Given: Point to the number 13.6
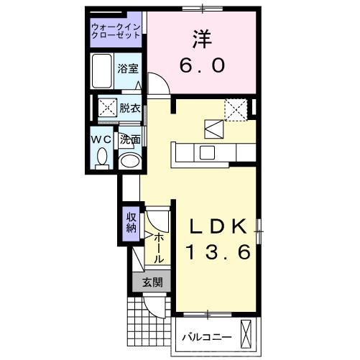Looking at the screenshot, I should coord(218,253).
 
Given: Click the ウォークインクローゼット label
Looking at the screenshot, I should coord(117,32).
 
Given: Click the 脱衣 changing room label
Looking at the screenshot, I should coord(130,109).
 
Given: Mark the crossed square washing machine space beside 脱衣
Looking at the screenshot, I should coord(108,109).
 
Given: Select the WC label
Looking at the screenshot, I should coord(101,139).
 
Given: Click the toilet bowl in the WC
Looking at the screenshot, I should coord(101,157).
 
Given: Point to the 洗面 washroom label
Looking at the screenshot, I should coord(129,139).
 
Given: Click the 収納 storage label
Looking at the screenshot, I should coord(131,223).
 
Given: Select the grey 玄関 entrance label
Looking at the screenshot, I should coord(152,282).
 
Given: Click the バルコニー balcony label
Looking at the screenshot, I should coord(206,336).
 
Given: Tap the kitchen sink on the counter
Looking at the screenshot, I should coord(207,152).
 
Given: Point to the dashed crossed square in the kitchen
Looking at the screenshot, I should coord(235,110).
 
